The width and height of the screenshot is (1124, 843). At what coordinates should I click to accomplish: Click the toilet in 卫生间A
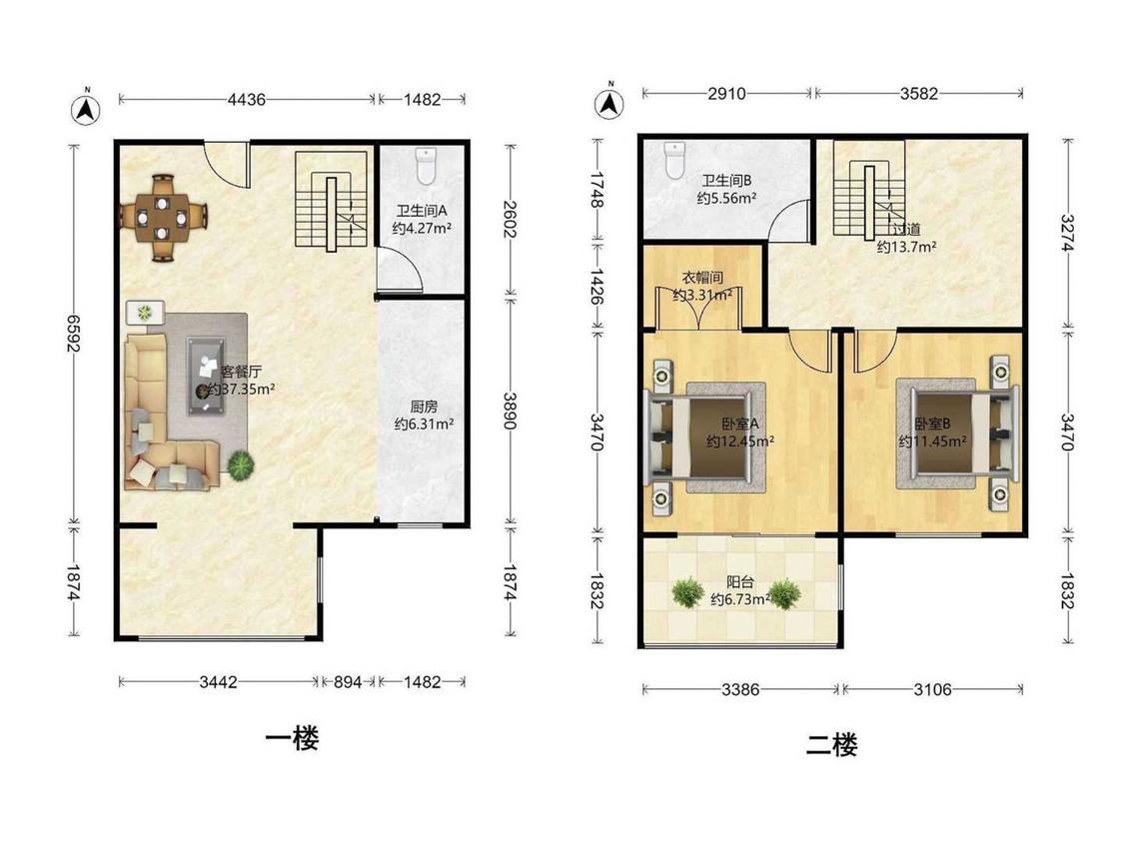tap(426, 167)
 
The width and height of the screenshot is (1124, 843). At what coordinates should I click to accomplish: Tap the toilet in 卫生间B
tap(675, 160)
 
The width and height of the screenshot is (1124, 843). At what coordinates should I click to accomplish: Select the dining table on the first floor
tap(164, 217)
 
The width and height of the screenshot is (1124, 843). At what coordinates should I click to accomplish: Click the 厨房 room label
tap(423, 407)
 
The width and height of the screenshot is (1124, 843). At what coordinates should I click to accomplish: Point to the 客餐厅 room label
tap(241, 372)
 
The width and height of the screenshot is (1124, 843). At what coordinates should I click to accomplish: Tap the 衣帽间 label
tap(701, 278)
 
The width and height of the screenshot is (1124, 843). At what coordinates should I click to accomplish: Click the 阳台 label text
tap(739, 582)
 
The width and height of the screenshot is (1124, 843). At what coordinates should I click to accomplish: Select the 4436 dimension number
tap(246, 100)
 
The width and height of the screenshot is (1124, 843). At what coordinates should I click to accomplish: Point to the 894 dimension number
tap(348, 682)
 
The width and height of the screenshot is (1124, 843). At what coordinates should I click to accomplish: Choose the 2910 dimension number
tap(727, 93)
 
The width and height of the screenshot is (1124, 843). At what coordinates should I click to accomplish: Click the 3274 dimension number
tap(1067, 233)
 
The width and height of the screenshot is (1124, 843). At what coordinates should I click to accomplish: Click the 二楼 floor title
tap(831, 745)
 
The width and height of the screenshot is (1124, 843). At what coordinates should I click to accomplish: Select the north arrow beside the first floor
tap(86, 108)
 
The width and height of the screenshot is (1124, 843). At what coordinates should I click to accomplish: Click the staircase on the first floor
tap(331, 201)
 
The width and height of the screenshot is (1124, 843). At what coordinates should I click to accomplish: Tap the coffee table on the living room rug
tap(207, 376)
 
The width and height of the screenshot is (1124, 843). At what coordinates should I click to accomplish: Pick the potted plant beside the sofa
tap(240, 465)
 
